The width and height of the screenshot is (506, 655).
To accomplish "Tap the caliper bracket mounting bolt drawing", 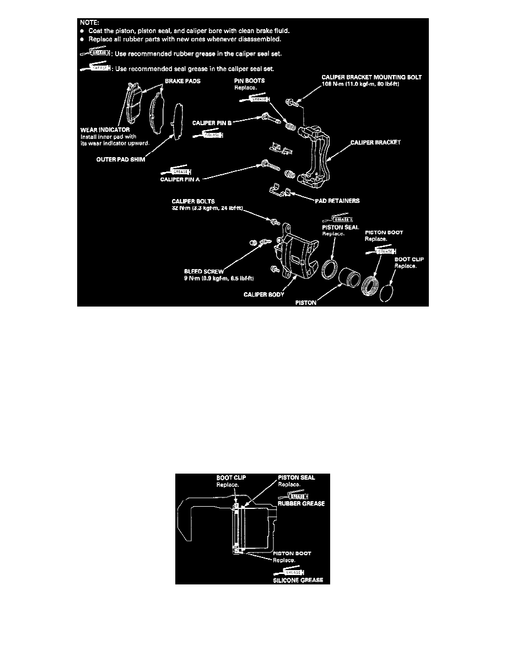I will click(293, 103).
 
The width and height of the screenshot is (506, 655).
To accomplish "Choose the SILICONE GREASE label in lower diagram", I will click(301, 579).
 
